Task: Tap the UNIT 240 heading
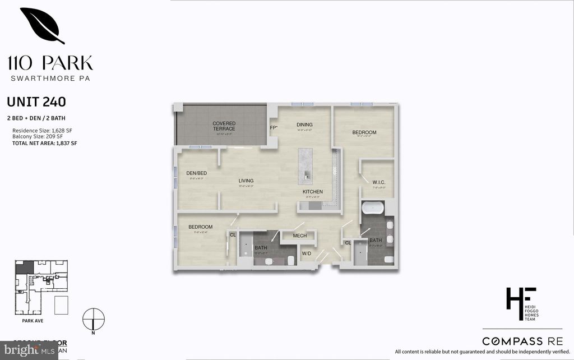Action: pyautogui.click(x=36, y=102)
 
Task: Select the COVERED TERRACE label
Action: pyautogui.click(x=224, y=126)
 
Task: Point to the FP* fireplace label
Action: pyautogui.click(x=274, y=128)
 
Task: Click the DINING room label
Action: pyautogui.click(x=304, y=124)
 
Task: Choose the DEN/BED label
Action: pyautogui.click(x=197, y=173)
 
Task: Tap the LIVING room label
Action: pyautogui.click(x=246, y=181)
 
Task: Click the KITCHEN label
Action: pyautogui.click(x=313, y=192)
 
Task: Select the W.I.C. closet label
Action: pyautogui.click(x=378, y=182)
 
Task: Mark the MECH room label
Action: pyautogui.click(x=300, y=236)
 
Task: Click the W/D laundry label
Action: pyautogui.click(x=307, y=253)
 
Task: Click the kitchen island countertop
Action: pyautogui.click(x=306, y=166)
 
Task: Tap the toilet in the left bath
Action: pyautogui.click(x=291, y=260)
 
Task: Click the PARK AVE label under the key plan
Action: pyautogui.click(x=26, y=321)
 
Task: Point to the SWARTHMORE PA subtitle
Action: pyautogui.click(x=50, y=77)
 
